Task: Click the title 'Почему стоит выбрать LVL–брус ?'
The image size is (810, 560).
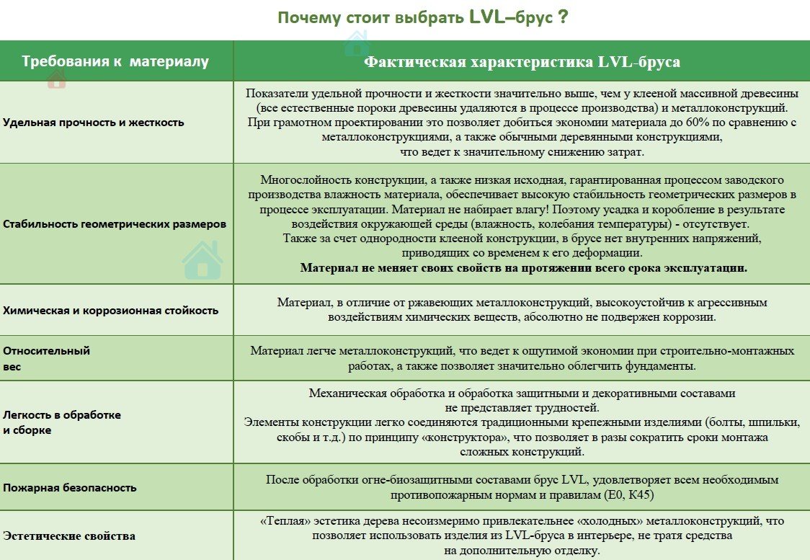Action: (422, 18)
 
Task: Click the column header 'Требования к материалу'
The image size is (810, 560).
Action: (115, 61)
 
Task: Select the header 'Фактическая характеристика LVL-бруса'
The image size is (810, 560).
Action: (522, 62)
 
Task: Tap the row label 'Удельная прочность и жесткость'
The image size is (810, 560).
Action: (94, 123)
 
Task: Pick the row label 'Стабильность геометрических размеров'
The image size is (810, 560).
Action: (115, 224)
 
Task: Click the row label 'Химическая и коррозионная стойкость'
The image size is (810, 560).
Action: (110, 311)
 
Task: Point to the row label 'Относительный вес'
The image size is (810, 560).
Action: (47, 359)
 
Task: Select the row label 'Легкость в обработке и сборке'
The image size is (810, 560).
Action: (62, 422)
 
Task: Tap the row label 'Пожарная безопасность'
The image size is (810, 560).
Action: (70, 487)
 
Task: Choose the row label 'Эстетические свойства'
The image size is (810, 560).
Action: (69, 535)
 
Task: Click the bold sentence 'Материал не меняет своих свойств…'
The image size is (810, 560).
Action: (524, 267)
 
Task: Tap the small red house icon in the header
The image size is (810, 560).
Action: (56, 80)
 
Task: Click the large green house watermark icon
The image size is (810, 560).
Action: (202, 261)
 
